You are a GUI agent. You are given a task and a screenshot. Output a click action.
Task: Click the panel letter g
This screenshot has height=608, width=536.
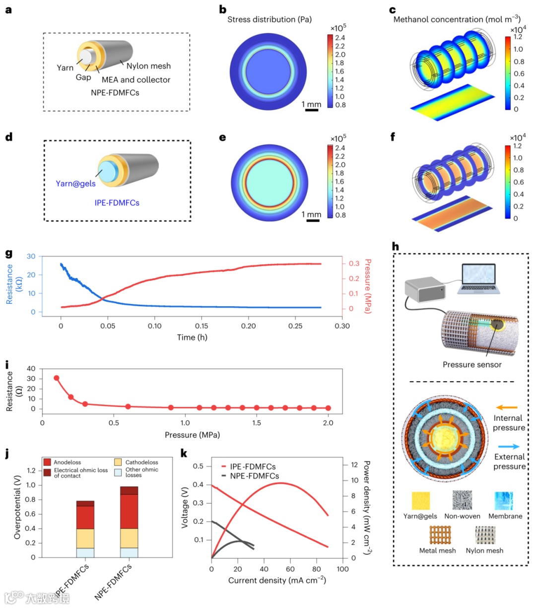[8, 253]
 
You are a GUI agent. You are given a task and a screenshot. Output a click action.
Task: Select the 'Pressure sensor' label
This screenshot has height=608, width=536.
[472, 364]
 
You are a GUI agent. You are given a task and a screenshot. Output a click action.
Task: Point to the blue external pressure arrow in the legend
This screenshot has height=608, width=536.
[509, 447]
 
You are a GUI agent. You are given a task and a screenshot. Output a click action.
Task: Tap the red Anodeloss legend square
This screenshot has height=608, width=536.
[47, 462]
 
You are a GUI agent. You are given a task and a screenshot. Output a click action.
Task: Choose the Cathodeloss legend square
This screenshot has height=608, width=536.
[118, 462]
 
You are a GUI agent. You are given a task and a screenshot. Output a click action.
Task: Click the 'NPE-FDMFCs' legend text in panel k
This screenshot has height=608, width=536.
[254, 476]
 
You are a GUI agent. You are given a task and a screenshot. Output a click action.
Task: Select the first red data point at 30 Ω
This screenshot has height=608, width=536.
[57, 378]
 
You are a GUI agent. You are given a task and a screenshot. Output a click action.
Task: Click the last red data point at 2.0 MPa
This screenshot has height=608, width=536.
[328, 408]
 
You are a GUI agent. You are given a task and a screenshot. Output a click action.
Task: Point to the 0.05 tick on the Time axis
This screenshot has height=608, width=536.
[108, 326]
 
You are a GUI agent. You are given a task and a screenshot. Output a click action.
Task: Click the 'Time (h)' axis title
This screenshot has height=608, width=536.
[192, 338]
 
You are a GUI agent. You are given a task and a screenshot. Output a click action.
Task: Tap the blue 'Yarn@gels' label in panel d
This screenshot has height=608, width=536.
[75, 184]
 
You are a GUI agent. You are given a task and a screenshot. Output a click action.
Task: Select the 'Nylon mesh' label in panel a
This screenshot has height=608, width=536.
[148, 66]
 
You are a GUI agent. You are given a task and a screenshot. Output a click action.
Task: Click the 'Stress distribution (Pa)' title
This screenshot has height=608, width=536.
[269, 19]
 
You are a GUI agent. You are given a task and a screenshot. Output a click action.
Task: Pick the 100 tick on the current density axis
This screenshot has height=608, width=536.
[342, 569]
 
